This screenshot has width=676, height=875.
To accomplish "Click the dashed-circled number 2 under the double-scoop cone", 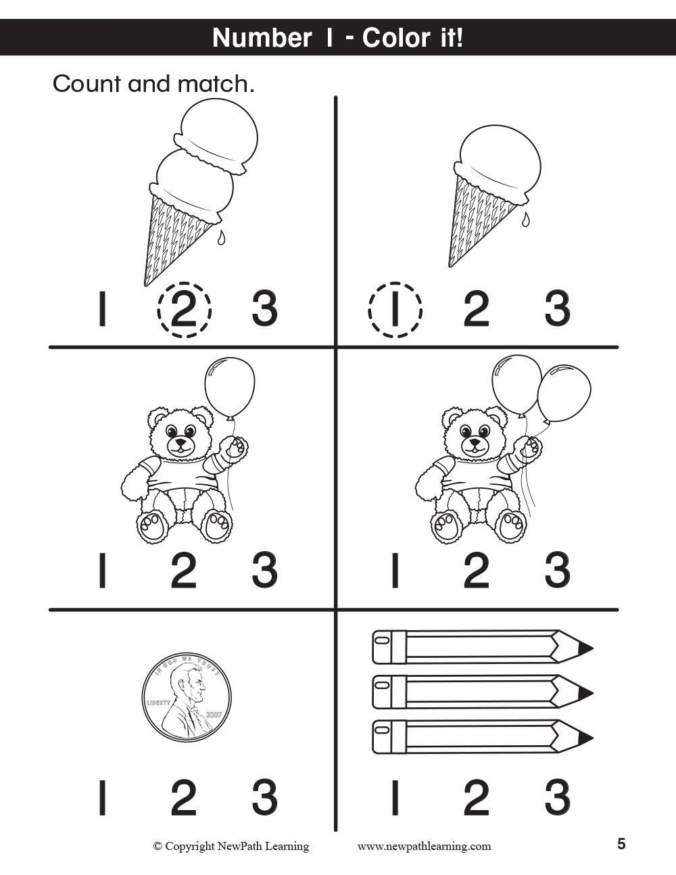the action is (184, 309).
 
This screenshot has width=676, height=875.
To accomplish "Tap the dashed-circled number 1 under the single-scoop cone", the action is (395, 309).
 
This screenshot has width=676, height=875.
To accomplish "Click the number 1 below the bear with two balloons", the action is (395, 570).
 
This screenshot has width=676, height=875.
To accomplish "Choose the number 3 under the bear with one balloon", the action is (265, 570).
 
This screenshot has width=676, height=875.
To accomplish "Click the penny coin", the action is (187, 697).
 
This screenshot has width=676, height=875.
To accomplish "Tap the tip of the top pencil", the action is (593, 648).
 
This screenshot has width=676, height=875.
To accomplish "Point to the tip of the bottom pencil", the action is (593, 738).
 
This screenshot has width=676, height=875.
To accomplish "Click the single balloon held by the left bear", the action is (230, 387).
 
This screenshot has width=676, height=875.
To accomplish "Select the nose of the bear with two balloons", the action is (475, 442).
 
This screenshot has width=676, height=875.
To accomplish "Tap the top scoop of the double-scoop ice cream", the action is (218, 136).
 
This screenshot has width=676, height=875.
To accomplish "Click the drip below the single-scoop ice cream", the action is (525, 220).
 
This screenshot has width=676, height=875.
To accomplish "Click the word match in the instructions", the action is (216, 84).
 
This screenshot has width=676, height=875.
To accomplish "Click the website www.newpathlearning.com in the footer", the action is (424, 846).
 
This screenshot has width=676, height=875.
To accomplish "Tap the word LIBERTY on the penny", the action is (159, 703).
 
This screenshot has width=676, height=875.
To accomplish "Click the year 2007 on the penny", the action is (213, 715).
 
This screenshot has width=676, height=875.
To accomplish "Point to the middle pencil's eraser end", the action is (382, 692).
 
